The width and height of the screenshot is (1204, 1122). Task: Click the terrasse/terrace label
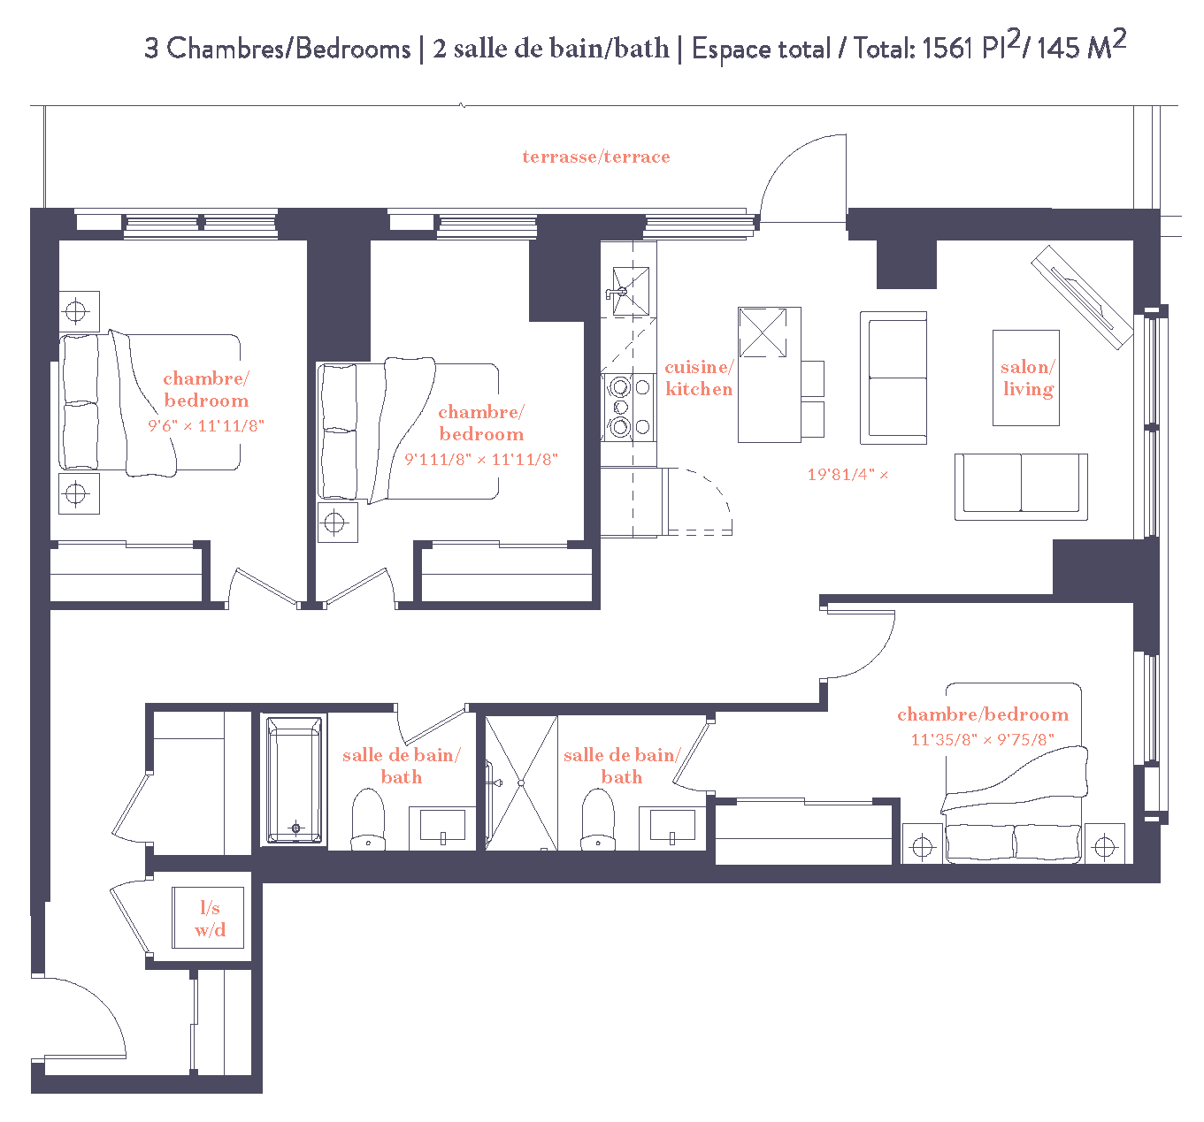coord(595,156)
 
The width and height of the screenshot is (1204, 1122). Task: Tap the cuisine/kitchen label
coord(698,378)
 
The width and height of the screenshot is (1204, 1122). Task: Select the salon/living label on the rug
coord(1026,378)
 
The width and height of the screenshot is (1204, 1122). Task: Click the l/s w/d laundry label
coord(209,919)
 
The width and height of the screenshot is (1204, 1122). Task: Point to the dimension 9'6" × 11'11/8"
coord(205,425)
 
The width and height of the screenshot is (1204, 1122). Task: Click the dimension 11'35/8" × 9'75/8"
coord(982,740)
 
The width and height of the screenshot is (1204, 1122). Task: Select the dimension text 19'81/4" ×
coord(847,475)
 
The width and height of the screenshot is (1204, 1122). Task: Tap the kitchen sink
coord(630,291)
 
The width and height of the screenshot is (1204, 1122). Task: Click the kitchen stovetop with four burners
coord(630,407)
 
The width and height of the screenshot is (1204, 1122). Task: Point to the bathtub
coord(294,780)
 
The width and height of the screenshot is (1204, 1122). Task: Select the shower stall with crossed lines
coord(521,783)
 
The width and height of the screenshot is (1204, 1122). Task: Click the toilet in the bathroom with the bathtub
coord(368,820)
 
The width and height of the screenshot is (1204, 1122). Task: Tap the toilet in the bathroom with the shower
coord(598,820)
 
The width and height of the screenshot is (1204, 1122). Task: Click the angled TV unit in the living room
coord(1082,296)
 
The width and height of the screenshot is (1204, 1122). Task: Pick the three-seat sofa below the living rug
coord(1021,486)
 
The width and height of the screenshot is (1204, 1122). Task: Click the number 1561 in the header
coord(947,48)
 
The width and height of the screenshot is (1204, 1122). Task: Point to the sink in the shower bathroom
coord(672,828)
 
